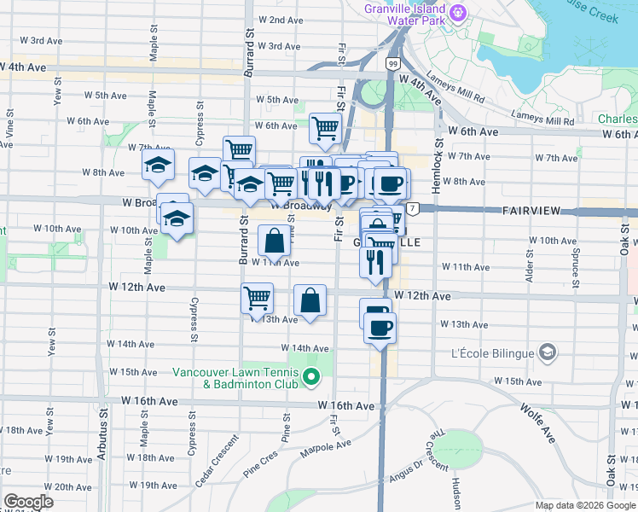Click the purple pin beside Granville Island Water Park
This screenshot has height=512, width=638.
[x=459, y=11]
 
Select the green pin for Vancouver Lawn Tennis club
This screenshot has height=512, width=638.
[x=311, y=376]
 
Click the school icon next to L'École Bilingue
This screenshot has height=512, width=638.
[x=547, y=352]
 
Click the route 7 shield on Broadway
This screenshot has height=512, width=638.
[x=413, y=209]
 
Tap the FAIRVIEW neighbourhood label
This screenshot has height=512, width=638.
[x=534, y=210]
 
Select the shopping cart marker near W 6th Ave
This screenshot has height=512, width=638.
[x=325, y=129]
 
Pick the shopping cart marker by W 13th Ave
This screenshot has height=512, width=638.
[x=257, y=300]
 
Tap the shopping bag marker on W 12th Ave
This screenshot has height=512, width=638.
[x=310, y=300]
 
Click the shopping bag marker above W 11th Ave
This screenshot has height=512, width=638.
[x=275, y=241]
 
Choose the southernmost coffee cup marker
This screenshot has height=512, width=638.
[x=380, y=327]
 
